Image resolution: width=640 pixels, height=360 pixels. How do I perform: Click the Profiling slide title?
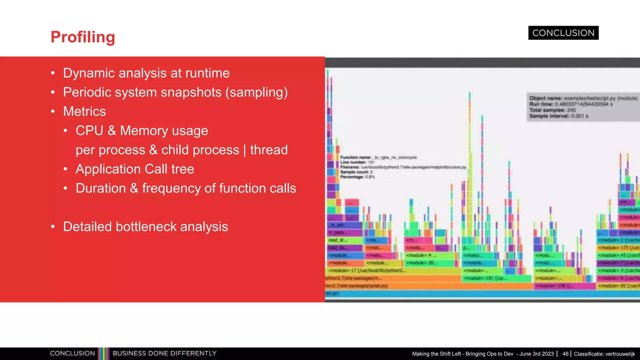click(83, 37)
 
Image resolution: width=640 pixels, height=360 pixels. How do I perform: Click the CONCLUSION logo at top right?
click(563, 33)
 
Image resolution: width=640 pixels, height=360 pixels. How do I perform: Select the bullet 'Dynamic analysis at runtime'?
click(146, 73)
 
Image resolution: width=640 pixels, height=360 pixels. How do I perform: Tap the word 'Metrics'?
click(84, 112)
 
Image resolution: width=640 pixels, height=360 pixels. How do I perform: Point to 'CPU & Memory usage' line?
click(142, 131)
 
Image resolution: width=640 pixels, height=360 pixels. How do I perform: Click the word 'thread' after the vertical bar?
click(269, 150)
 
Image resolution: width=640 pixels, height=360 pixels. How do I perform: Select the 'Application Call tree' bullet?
click(135, 169)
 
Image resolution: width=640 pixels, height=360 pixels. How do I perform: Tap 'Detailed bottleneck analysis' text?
click(145, 227)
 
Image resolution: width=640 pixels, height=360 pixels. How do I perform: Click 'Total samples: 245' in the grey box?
click(552, 110)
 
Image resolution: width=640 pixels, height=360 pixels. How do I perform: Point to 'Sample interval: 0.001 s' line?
click(558, 116)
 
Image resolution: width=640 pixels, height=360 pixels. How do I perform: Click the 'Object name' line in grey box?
click(583, 98)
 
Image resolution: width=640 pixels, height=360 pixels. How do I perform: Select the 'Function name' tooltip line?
click(378, 157)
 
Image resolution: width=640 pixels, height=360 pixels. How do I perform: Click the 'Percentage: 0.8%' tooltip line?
click(357, 177)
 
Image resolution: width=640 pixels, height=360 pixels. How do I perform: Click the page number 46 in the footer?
click(565, 354)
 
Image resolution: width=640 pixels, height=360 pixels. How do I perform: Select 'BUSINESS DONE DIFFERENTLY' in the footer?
click(164, 353)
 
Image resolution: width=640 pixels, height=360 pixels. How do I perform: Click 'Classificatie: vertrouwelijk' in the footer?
click(604, 354)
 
